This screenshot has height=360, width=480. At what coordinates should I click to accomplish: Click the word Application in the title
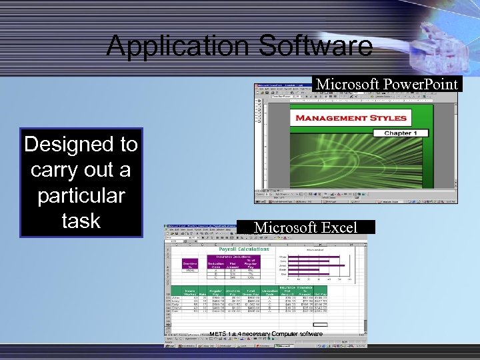pyautogui.click(x=171, y=46)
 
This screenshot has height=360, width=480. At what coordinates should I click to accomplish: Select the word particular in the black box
pyautogui.click(x=81, y=195)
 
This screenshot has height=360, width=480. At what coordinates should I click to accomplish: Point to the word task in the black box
pyautogui.click(x=81, y=221)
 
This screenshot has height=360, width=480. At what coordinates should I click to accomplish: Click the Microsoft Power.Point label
pyautogui.click(x=387, y=84)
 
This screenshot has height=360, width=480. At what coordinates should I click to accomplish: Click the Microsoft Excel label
pyautogui.click(x=306, y=227)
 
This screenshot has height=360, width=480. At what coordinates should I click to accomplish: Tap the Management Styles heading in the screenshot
pyautogui.click(x=351, y=118)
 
